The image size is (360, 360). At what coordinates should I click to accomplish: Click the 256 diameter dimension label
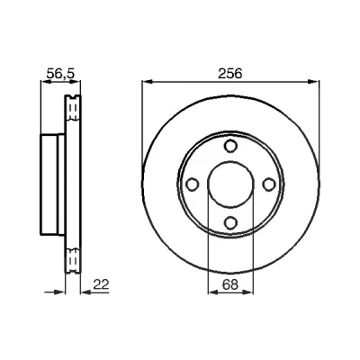click(x=229, y=74)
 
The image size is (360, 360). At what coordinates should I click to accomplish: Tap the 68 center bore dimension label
click(x=230, y=284)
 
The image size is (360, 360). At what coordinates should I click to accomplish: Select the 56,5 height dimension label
click(x=60, y=74)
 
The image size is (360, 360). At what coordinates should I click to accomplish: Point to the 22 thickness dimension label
click(x=101, y=284)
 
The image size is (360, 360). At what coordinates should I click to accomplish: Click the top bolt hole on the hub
click(x=230, y=146)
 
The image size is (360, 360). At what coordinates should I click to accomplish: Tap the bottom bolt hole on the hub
click(x=230, y=222)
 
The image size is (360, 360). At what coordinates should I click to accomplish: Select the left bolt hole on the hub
click(x=193, y=184)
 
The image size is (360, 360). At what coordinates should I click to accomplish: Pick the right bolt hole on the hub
click(x=269, y=184)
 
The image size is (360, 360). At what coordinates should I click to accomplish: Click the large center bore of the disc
click(x=230, y=184)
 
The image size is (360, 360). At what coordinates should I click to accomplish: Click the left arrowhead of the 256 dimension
click(x=148, y=81)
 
